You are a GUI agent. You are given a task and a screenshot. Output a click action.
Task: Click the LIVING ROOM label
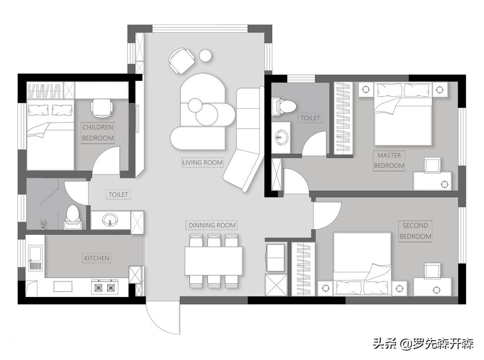202,162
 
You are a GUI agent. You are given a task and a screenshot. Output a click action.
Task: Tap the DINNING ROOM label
212,225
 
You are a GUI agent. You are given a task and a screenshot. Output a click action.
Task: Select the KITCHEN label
96,258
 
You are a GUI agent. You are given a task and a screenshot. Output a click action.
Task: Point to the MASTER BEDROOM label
389,160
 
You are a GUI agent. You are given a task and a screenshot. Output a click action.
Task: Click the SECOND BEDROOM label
415,231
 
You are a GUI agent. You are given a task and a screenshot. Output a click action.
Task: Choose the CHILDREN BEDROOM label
98,133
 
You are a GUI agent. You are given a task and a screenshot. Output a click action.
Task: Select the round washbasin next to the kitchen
110,220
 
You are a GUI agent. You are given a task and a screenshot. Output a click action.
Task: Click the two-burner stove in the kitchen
105,287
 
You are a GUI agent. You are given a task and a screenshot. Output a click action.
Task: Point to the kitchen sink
35,258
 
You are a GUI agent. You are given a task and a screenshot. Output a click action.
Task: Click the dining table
213,261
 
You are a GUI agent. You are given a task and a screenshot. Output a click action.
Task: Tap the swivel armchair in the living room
181,60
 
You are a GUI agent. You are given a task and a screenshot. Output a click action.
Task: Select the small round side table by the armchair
205,56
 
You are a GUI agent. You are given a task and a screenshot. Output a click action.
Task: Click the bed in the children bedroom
51,135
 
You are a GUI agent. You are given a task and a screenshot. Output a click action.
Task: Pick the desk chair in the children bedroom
101,108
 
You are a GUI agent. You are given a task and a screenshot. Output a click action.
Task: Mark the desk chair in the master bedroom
432,165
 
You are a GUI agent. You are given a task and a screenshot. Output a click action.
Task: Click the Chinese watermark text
423,344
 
